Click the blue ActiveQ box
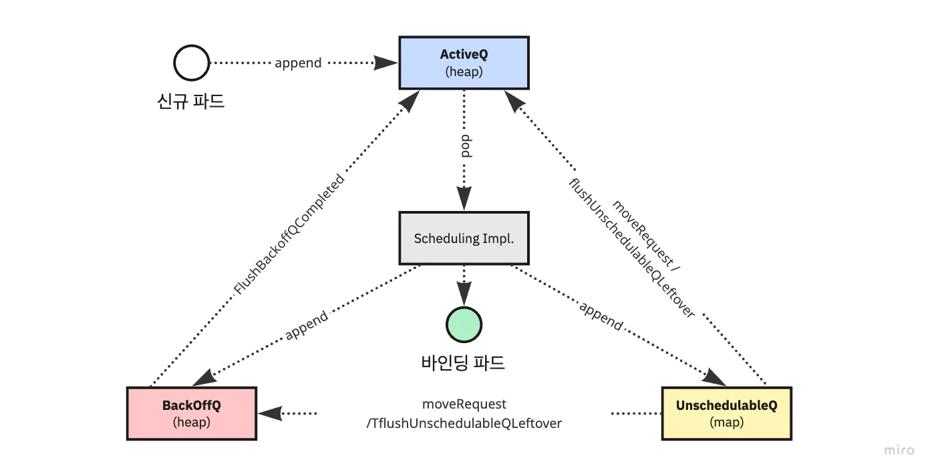coord(464,63)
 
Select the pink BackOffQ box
coord(191,413)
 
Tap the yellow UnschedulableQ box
coord(726,413)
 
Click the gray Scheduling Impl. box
coord(464,238)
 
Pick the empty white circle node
coord(191,63)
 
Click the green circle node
coord(464,324)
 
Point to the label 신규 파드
coord(190,101)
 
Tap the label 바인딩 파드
coord(463,363)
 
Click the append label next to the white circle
coord(298,63)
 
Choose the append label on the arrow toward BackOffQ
coord(307,325)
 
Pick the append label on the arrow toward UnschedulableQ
coord(601,316)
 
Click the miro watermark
coord(899,450)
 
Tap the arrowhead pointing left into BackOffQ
coord(270,414)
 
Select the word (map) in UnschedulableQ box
coord(726,423)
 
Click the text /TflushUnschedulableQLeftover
coord(464,423)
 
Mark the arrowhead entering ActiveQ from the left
coord(386,63)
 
